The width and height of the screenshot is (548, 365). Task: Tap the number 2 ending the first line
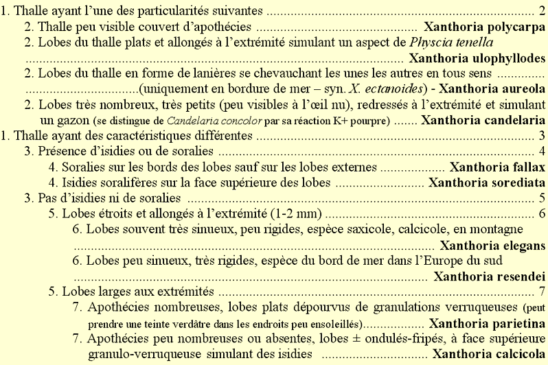542,12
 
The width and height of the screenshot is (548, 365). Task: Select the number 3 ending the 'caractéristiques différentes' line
542,136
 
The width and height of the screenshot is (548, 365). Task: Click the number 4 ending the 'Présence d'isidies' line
542,151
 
